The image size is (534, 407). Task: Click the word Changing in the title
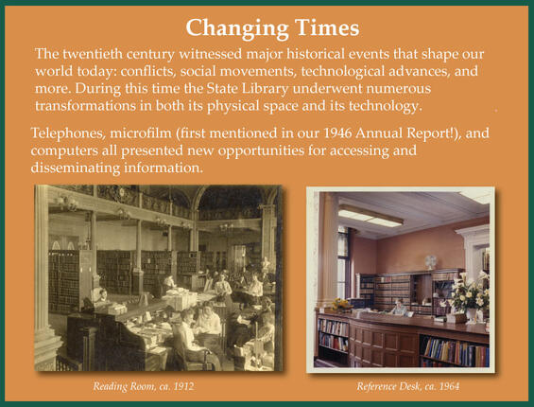(231, 26)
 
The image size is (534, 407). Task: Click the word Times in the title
(317, 26)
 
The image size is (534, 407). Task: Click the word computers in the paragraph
(67, 151)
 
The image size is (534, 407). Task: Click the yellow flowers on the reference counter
(341, 304)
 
